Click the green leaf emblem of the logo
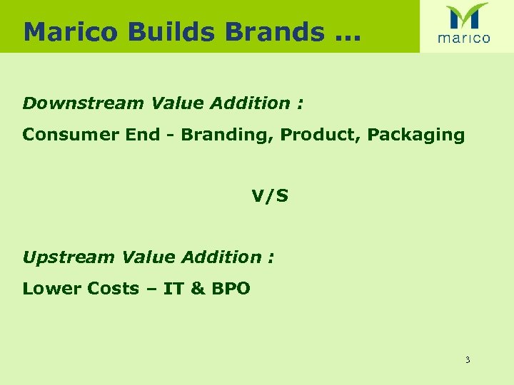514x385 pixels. (x=467, y=16)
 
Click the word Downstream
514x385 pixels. (x=84, y=103)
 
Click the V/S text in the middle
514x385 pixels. (x=270, y=196)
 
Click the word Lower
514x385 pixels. (x=52, y=289)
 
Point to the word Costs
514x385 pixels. (x=113, y=289)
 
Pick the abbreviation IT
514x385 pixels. (x=174, y=289)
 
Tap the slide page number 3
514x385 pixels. (x=468, y=360)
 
